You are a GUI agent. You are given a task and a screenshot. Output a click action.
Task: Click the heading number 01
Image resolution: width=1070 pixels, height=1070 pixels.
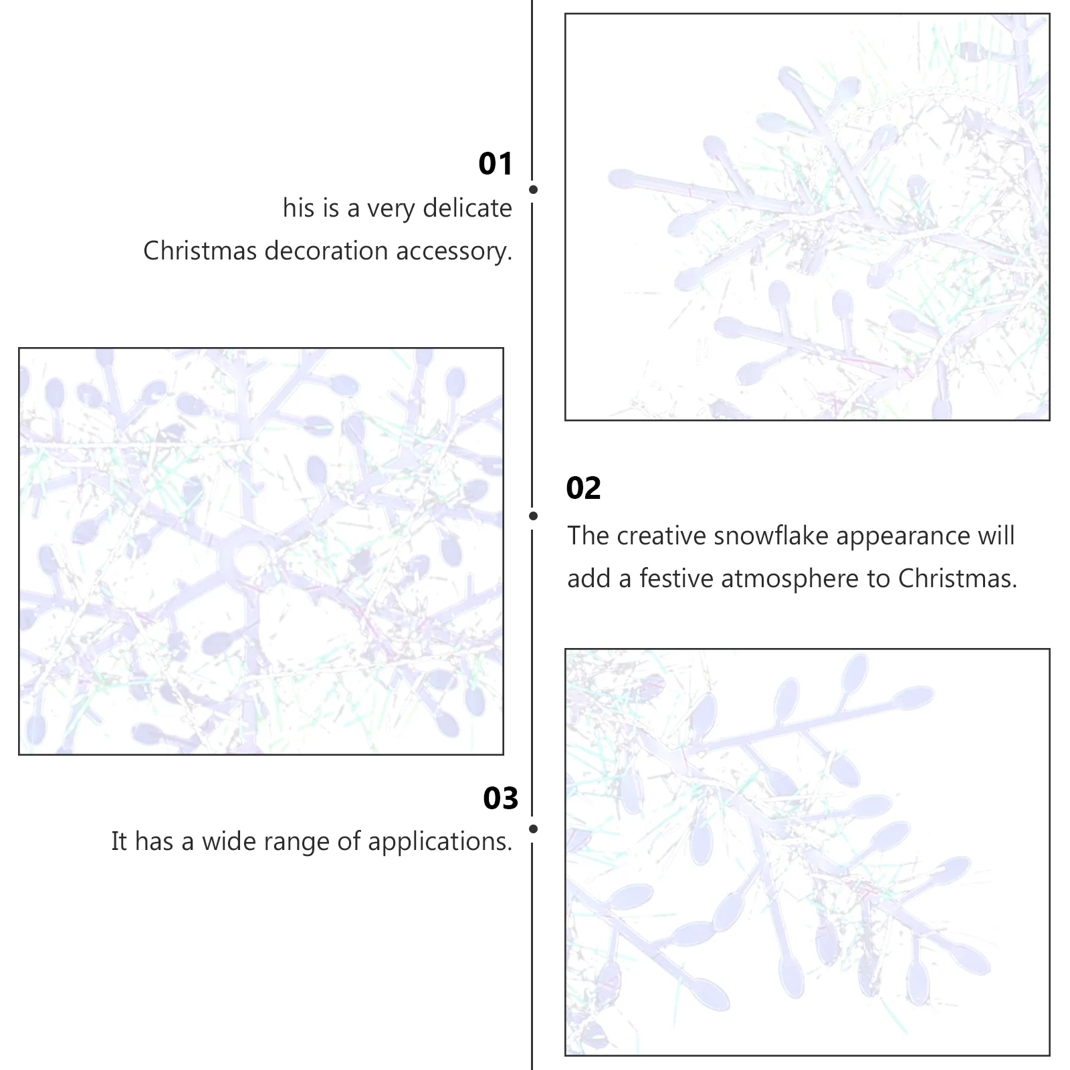(x=495, y=164)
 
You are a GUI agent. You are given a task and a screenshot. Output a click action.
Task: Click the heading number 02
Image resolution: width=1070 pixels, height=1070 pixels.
(x=583, y=488)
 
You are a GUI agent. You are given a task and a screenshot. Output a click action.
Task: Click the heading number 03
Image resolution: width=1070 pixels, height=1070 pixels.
(x=500, y=798)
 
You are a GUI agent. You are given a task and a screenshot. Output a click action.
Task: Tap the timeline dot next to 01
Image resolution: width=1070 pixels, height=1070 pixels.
(x=533, y=190)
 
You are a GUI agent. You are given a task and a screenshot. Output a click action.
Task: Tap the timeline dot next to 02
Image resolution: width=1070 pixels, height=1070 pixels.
(x=533, y=516)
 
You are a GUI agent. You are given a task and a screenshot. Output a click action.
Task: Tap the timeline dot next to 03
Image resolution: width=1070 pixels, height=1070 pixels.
(x=533, y=829)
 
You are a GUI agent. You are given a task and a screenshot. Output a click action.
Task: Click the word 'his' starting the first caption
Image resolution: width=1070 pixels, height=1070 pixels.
(x=298, y=208)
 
